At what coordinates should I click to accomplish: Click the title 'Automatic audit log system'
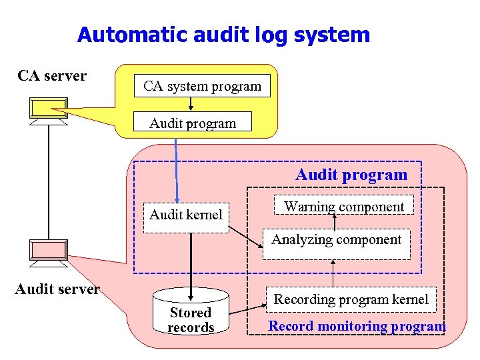[223, 35]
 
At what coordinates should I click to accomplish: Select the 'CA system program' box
[202, 86]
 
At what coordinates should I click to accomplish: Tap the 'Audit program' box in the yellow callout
[193, 121]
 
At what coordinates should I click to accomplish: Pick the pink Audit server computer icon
[49, 253]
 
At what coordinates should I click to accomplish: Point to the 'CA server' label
[52, 75]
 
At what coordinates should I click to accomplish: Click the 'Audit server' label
[57, 289]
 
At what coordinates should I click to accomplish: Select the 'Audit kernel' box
[186, 218]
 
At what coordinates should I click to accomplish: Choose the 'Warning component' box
[344, 205]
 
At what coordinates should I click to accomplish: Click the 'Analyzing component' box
[337, 244]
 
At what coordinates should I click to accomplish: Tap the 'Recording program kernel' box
[351, 299]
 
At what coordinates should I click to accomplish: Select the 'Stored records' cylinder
[191, 311]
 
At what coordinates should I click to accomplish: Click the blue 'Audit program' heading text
[351, 175]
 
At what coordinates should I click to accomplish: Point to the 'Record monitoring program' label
[357, 326]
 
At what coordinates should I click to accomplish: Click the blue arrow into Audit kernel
[176, 171]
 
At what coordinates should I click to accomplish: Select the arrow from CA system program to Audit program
[191, 104]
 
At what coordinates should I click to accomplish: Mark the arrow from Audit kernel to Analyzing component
[246, 237]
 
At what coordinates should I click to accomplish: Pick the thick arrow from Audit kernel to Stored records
[191, 267]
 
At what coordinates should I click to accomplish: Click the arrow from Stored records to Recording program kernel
[248, 309]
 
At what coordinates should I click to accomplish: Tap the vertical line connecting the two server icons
[49, 183]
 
